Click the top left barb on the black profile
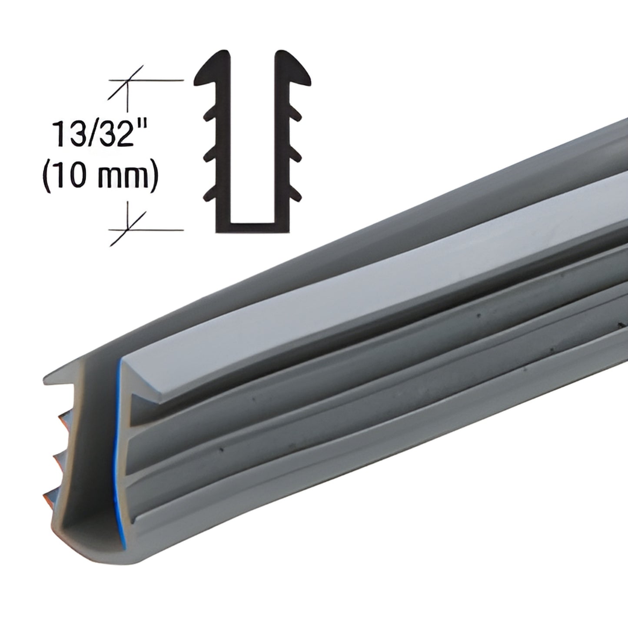pyautogui.click(x=208, y=115)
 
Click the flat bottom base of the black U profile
pyautogui.click(x=252, y=229)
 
